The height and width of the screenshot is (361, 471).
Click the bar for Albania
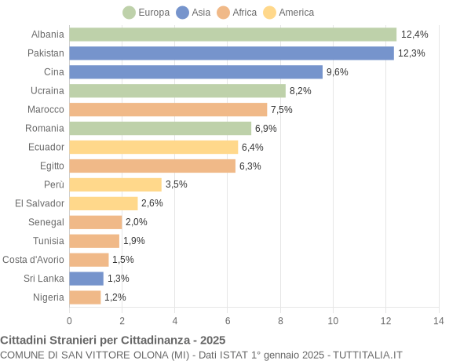232,35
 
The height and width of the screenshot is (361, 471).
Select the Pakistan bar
232,53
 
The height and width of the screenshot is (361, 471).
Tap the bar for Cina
195,72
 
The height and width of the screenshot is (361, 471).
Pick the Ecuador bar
153,147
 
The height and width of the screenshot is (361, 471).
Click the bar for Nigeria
85,297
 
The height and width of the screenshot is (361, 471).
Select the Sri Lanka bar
86,278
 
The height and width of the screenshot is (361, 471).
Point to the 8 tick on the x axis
280,320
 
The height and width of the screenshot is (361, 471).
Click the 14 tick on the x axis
438,320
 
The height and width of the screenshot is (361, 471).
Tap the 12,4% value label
414,35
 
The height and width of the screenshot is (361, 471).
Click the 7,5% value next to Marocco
282,110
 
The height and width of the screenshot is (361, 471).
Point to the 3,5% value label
176,184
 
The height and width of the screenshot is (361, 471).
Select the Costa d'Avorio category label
33,260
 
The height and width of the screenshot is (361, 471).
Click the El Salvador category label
39,203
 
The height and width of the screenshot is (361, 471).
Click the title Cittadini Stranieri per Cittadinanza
113,340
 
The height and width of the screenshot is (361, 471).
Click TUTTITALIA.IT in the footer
367,355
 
